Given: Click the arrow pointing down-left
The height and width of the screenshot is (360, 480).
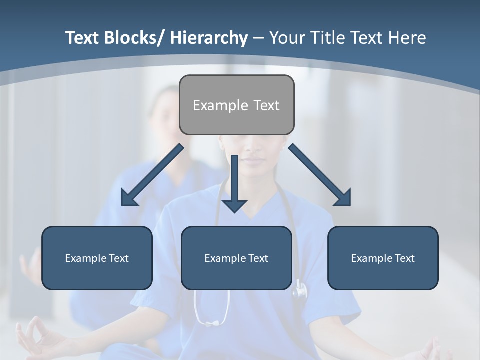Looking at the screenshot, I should click(x=152, y=175).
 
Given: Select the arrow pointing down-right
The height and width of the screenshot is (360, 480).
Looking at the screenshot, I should click(x=320, y=175).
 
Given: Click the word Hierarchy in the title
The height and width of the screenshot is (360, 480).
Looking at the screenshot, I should click(x=209, y=38).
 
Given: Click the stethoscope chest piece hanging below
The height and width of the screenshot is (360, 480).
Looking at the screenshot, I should click(x=299, y=289).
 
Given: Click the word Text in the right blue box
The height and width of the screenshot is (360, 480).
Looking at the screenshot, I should click(x=404, y=258).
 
